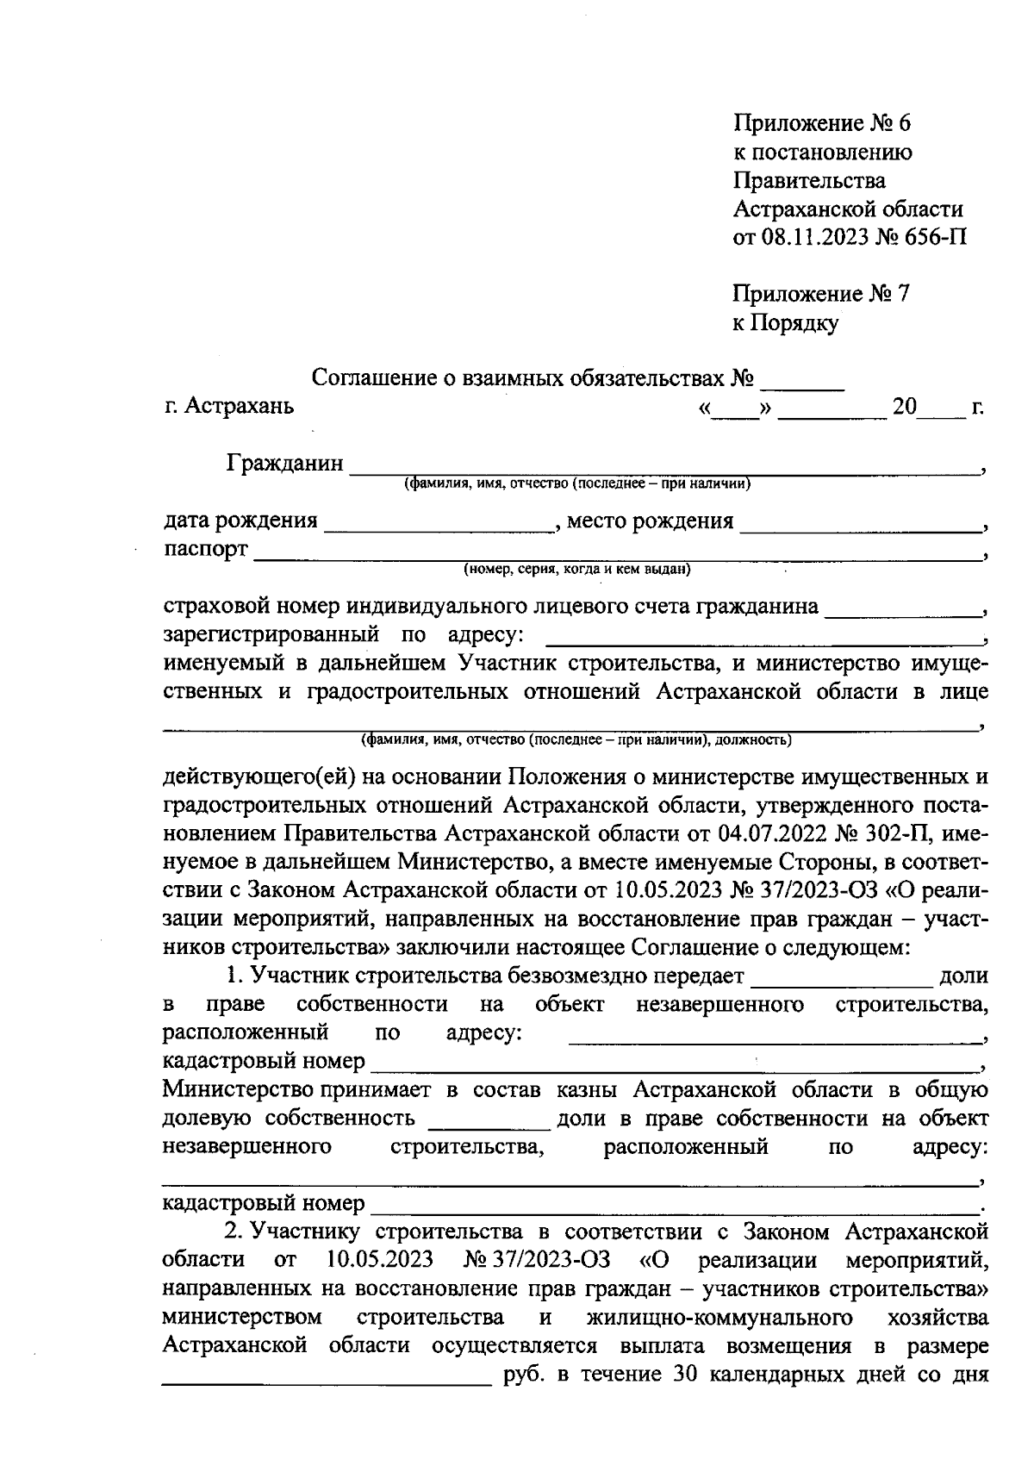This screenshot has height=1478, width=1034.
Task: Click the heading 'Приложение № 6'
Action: pyautogui.click(x=821, y=123)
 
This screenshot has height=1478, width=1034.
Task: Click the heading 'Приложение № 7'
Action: pyautogui.click(x=820, y=294)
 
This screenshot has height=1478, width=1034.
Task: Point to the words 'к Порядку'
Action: pyautogui.click(x=785, y=323)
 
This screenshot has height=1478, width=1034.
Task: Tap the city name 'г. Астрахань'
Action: pyautogui.click(x=228, y=405)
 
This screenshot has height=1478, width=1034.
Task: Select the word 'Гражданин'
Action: pyautogui.click(x=285, y=464)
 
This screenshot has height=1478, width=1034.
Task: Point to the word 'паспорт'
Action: pyautogui.click(x=206, y=549)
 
